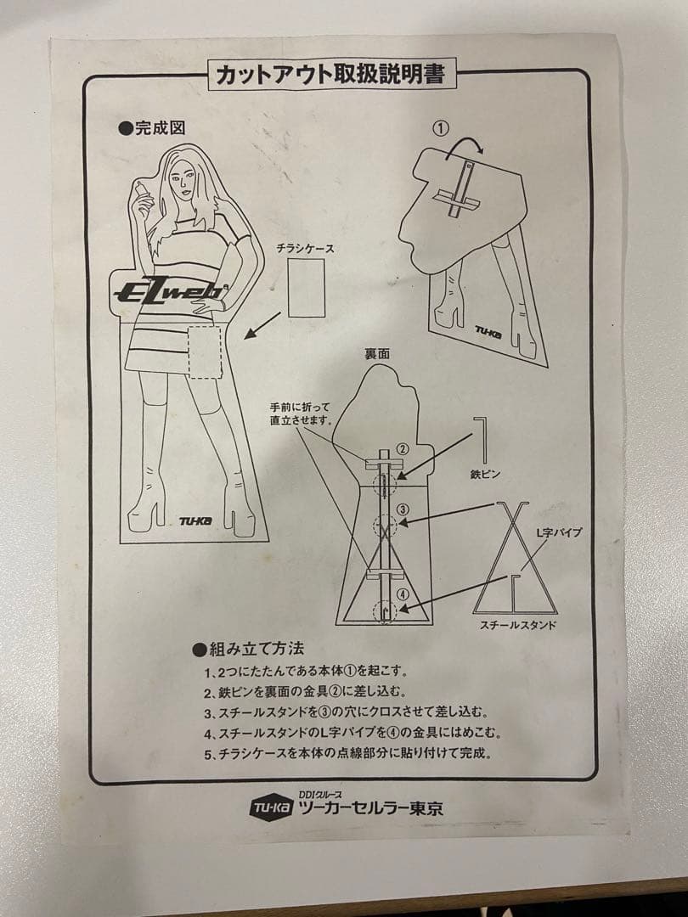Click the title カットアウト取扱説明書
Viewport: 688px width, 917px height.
pos(331,75)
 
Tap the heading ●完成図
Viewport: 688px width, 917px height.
pos(152,128)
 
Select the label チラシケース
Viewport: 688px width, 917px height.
pos(306,249)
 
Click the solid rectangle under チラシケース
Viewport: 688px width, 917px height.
pos(307,288)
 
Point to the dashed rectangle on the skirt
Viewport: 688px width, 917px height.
pos(205,351)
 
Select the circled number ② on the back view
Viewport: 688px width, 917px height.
pos(403,449)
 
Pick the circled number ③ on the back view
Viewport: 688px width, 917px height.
pos(403,509)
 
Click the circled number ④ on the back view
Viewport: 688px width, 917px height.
pos(403,594)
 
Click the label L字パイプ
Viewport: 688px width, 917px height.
pos(558,532)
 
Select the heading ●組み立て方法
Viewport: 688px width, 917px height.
pos(248,650)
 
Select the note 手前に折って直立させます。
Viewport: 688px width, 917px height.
pos(301,413)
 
